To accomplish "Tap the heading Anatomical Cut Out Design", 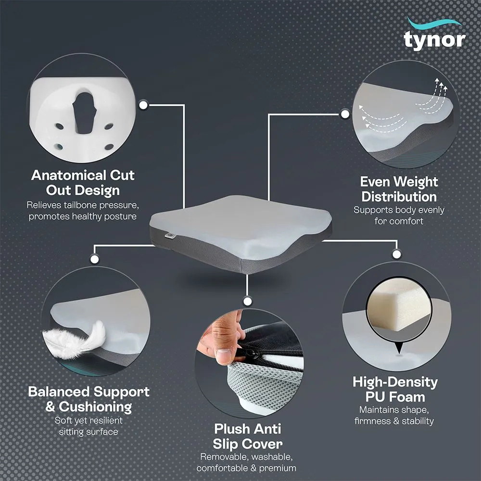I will click(83, 182).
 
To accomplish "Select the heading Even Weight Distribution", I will click(399, 189).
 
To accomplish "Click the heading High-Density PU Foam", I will click(395, 390).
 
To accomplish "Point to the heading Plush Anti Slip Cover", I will click(248, 436).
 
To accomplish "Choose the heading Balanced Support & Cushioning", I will click(89, 399).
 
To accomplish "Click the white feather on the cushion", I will click(77, 339).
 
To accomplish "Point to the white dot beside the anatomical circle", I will click(142, 104).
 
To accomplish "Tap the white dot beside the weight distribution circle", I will click(345, 114).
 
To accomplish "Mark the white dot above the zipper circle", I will click(247, 302).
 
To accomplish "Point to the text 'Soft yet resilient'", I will click(89, 420).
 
